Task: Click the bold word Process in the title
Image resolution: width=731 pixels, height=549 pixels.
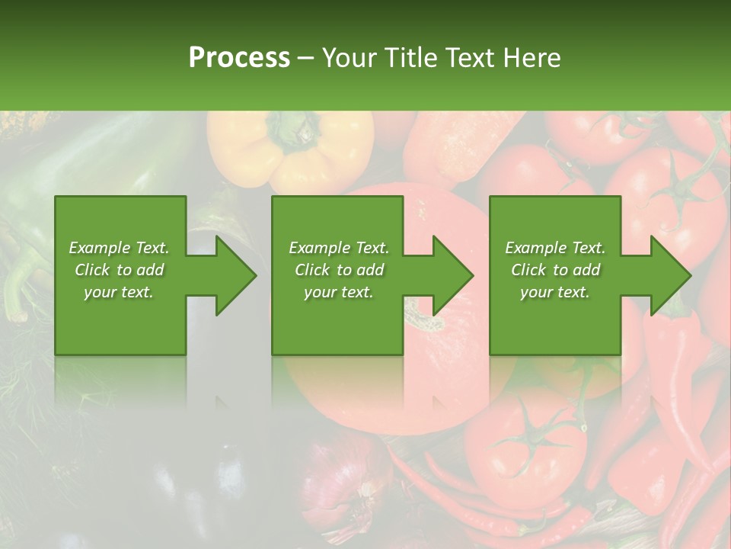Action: click(x=239, y=57)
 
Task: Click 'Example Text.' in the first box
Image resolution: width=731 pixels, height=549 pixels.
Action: click(x=119, y=248)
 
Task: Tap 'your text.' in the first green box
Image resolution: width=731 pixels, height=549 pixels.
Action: click(x=119, y=292)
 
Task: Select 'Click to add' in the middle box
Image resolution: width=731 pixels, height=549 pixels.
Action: click(x=339, y=270)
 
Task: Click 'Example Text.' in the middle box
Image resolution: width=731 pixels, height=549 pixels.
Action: click(x=339, y=248)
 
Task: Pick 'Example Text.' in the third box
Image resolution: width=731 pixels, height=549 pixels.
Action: click(x=555, y=248)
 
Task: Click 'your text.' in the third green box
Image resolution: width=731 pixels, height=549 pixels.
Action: click(x=555, y=292)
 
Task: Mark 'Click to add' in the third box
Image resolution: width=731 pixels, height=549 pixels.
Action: click(x=555, y=270)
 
